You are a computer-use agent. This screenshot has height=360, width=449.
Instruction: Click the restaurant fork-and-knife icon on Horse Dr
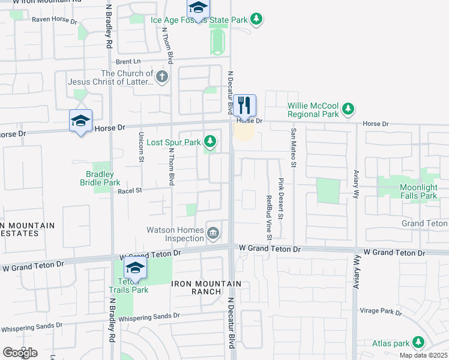tap(244, 106)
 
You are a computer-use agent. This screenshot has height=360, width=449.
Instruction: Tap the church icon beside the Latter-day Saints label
tap(161, 77)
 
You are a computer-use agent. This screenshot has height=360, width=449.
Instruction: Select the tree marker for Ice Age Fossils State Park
tap(256, 19)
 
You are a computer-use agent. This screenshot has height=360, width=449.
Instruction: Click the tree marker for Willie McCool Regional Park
tap(348, 109)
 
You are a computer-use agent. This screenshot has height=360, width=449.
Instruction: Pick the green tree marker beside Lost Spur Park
tap(209, 142)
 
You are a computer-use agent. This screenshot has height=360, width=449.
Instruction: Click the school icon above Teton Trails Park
tap(136, 268)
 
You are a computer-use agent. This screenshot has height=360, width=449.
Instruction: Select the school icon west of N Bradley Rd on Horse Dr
tap(80, 121)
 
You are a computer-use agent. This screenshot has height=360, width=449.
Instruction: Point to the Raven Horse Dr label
tap(55, 20)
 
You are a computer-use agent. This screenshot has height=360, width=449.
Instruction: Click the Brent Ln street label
tap(128, 61)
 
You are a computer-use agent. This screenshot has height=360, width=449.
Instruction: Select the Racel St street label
tap(130, 190)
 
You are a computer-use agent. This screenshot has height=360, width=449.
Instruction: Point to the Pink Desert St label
tap(280, 198)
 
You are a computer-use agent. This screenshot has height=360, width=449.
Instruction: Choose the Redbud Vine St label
tap(268, 214)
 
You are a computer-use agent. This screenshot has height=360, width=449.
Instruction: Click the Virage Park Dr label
tap(381, 311)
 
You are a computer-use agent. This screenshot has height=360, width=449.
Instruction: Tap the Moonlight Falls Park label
tap(410, 191)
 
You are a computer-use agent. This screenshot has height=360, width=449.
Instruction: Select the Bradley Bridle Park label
tap(100, 178)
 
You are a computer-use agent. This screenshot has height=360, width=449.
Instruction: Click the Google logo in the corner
tap(20, 352)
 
